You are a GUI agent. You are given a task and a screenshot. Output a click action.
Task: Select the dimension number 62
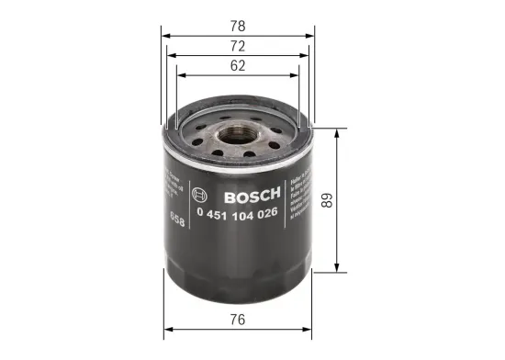[x=240, y=65]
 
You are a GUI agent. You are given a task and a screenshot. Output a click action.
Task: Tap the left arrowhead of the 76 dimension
[x=166, y=330]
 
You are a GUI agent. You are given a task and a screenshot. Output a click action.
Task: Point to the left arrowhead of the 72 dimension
[x=170, y=53]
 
